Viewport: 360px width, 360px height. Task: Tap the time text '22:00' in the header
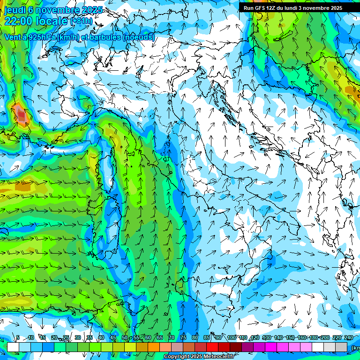point(19,21)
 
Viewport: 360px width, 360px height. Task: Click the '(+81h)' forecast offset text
point(81,21)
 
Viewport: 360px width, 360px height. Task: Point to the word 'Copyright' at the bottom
point(176,357)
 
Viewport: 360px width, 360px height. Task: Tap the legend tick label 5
point(18,337)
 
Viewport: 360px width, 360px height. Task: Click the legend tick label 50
point(125,337)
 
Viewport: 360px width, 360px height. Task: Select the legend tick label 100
point(231,337)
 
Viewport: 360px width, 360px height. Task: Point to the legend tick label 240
point(349,337)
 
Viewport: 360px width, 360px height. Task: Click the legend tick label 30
point(77,337)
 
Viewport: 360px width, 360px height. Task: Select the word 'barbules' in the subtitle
point(106,37)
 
